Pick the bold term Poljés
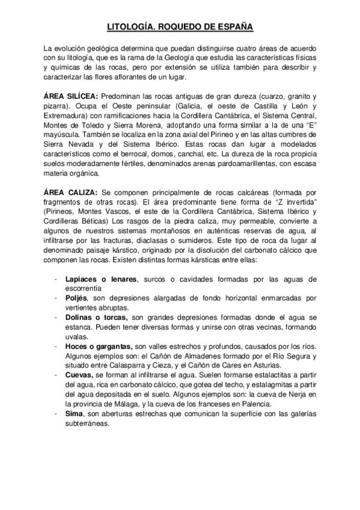tap(77, 298)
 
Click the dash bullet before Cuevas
tap(56, 374)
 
